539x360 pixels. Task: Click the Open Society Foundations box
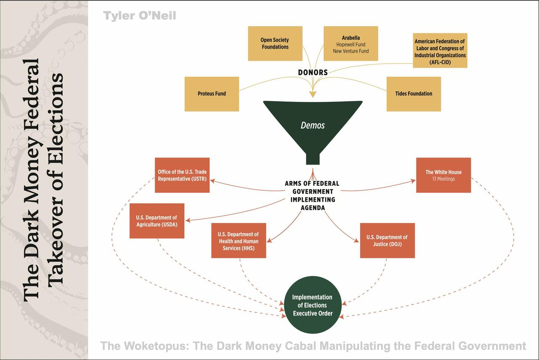(x=275, y=43)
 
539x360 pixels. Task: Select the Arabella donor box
(x=351, y=43)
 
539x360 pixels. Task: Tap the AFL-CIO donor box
(x=440, y=51)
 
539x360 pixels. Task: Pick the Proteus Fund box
(x=212, y=94)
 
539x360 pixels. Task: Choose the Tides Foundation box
(x=414, y=94)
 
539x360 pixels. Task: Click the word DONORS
(x=313, y=72)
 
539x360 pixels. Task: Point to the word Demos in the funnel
(x=313, y=125)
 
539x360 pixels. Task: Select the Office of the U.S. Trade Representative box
(x=182, y=175)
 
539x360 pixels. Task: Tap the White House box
(x=443, y=175)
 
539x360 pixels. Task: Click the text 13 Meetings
(x=443, y=179)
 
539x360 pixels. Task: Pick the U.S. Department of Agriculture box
(x=157, y=221)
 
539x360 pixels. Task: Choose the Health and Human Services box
(x=239, y=240)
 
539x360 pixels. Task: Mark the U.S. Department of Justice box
(x=387, y=240)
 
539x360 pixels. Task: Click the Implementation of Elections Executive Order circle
(x=312, y=305)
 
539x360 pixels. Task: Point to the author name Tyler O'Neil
(x=140, y=16)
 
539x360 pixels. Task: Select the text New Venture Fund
(x=351, y=51)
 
